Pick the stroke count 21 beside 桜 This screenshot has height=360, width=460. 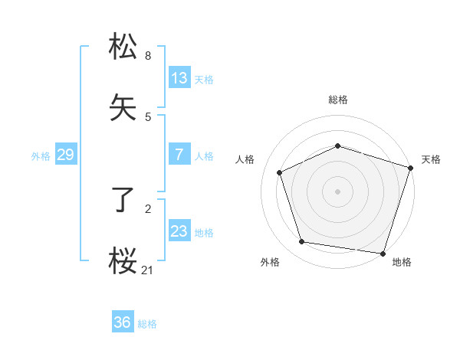pos(148,270)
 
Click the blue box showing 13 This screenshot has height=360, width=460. pos(179,78)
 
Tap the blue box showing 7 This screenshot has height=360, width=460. pos(179,155)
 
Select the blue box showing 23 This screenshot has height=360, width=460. pos(179,231)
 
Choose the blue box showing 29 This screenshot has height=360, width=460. pos(65,155)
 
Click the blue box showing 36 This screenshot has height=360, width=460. pos(123,322)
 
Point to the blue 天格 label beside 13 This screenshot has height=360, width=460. pos(204,80)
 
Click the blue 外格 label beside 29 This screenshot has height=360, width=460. pos(41,156)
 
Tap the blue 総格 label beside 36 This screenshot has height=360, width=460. pos(147,324)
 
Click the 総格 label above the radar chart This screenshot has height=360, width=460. pos(338,100)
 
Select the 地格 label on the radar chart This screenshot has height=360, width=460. pos(402,262)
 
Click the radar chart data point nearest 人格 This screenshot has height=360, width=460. pos(280,172)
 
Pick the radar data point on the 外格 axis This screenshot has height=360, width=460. pos(302,242)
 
